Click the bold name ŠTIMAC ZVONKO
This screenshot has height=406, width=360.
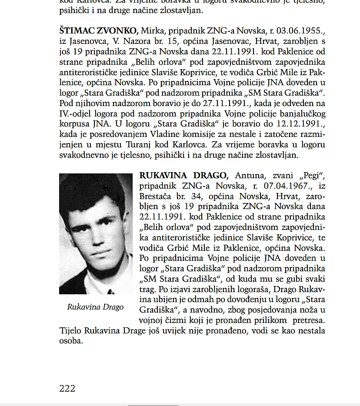[x=99, y=31]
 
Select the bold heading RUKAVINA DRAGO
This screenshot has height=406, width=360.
[x=183, y=176]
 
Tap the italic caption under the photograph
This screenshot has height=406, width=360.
[x=95, y=307]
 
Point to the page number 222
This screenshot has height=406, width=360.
[x=67, y=388]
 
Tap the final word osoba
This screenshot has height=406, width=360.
[x=71, y=341]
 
